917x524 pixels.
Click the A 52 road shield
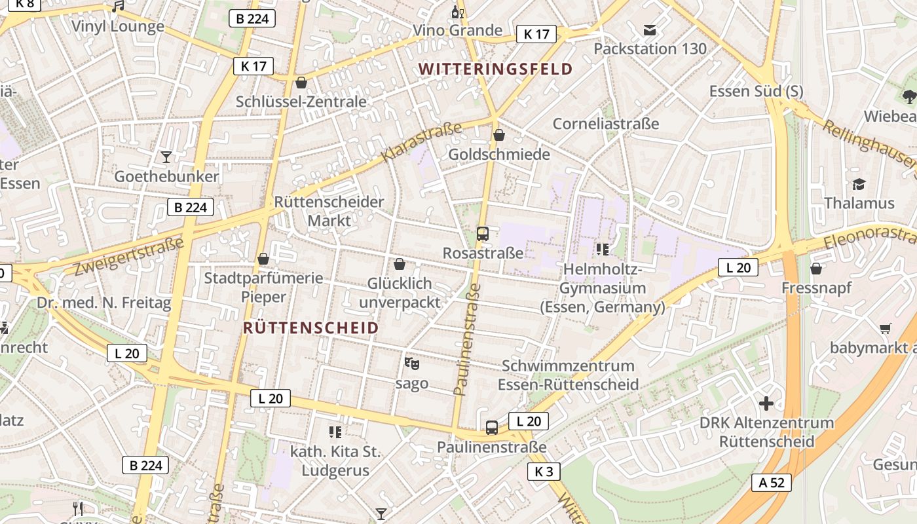pos(772,483)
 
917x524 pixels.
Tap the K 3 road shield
pos(544,471)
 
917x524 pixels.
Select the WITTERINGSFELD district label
pos(495,69)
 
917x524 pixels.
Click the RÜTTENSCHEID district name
pos(310,328)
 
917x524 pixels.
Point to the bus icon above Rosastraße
pos(483,233)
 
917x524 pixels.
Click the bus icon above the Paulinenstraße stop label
pos(491,428)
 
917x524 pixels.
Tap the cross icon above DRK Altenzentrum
pos(766,403)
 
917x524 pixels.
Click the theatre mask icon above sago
pos(411,363)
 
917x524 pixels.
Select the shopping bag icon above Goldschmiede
pos(499,135)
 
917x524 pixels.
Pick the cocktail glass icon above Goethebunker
pos(166,157)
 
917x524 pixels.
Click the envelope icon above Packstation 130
pos(650,29)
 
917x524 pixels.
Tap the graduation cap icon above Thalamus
pos(859,184)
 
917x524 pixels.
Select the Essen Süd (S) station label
pos(756,91)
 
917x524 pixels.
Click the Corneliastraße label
pos(606,124)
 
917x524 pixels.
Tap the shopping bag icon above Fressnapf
pos(816,269)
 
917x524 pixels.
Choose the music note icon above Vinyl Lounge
pos(118,7)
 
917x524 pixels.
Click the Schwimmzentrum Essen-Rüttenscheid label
pos(568,375)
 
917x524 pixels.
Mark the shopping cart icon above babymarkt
pos(886,328)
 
